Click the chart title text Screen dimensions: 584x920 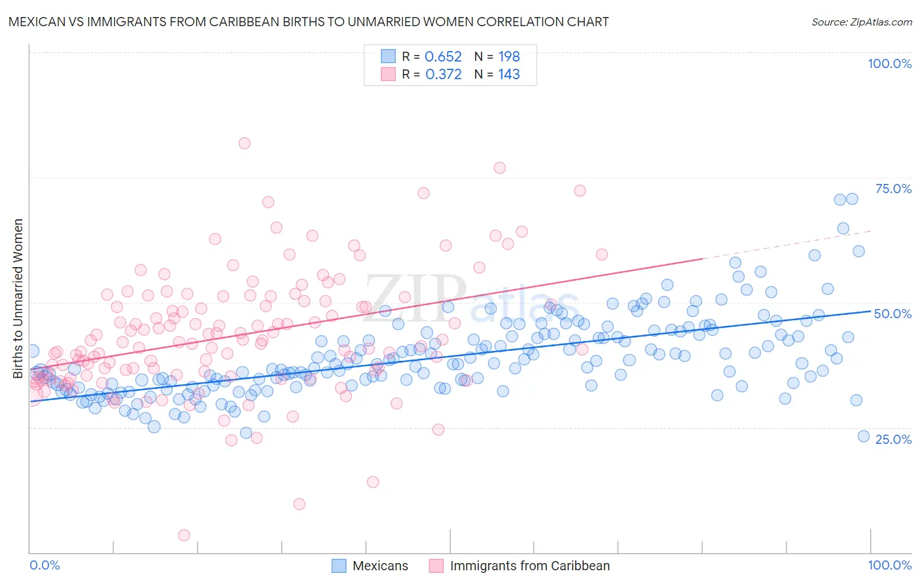click(307, 22)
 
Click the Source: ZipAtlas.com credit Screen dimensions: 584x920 click(861, 22)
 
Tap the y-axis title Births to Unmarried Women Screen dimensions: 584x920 click(18, 299)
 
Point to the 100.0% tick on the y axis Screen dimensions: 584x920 click(889, 64)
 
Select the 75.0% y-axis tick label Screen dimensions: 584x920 click(893, 189)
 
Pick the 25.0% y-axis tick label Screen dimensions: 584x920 click(893, 439)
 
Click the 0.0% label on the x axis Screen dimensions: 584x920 click(45, 565)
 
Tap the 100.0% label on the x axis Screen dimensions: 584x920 click(889, 565)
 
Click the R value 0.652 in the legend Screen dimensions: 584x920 click(443, 57)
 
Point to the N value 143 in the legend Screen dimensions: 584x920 click(509, 75)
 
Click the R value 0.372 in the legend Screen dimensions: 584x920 click(443, 75)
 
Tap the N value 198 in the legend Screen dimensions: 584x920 click(509, 57)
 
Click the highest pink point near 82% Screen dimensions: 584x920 click(245, 143)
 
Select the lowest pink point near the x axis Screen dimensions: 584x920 click(185, 536)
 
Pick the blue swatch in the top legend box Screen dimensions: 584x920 click(389, 56)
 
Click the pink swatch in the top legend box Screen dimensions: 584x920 click(389, 74)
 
